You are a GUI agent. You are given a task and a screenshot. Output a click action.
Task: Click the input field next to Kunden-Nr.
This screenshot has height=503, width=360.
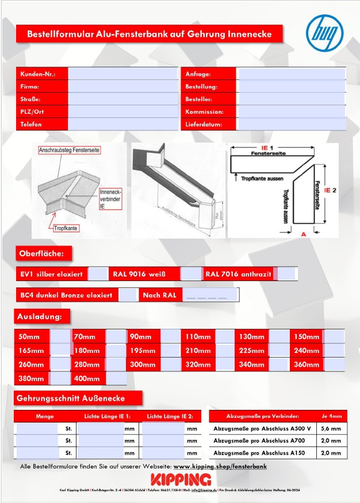123,74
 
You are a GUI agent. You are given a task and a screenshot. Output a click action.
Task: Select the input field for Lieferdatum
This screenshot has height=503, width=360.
292,124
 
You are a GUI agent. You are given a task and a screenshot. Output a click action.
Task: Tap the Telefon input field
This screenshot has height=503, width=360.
123,124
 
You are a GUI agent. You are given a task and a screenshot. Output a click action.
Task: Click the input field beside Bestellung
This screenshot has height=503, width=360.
292,87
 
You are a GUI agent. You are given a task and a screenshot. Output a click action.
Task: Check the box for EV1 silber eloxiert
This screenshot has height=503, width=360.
98,274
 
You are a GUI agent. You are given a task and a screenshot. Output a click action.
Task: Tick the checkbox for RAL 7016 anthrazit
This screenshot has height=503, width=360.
286,274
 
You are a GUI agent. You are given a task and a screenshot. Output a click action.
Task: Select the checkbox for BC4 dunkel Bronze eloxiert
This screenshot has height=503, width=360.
127,295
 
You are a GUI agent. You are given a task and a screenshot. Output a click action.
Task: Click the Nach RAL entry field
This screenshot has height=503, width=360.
211,295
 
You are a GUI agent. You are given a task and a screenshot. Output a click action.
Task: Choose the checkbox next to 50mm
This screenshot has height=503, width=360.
60,337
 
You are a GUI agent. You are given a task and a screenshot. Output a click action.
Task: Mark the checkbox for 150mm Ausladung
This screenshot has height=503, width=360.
334,337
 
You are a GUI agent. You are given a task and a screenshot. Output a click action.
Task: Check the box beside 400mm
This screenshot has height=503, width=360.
116,379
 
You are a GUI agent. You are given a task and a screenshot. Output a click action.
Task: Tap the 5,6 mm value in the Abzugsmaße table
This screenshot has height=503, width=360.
331,428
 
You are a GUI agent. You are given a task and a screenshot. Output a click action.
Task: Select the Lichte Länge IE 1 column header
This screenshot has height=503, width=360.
107,416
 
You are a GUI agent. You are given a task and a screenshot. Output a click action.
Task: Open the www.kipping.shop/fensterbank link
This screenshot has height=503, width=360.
220,466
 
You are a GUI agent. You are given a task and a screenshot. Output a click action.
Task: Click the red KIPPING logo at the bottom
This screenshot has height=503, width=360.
181,479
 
